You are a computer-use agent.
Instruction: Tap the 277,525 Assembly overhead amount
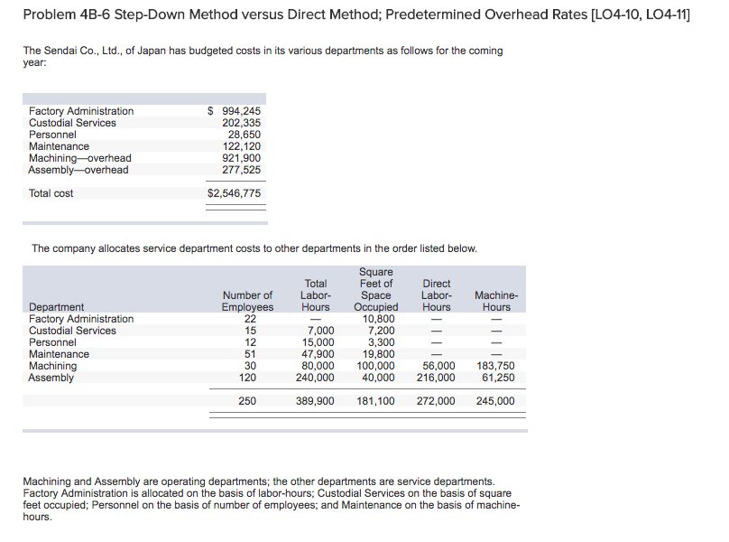click(x=241, y=170)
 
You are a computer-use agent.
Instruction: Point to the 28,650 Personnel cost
click(x=244, y=135)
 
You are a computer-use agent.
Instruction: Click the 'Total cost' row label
click(x=51, y=193)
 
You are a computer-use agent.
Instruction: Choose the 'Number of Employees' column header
click(x=247, y=301)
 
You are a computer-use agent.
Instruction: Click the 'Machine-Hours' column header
click(x=495, y=301)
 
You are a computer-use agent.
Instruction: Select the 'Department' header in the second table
click(x=57, y=307)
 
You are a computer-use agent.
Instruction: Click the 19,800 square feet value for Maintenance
click(x=378, y=354)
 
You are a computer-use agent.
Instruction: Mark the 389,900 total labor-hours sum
click(x=315, y=401)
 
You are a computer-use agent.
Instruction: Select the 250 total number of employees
click(x=247, y=401)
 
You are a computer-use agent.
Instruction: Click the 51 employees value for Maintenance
click(x=250, y=354)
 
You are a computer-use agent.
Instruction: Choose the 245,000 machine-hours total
click(x=494, y=401)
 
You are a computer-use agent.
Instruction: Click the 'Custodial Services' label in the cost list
click(x=72, y=123)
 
